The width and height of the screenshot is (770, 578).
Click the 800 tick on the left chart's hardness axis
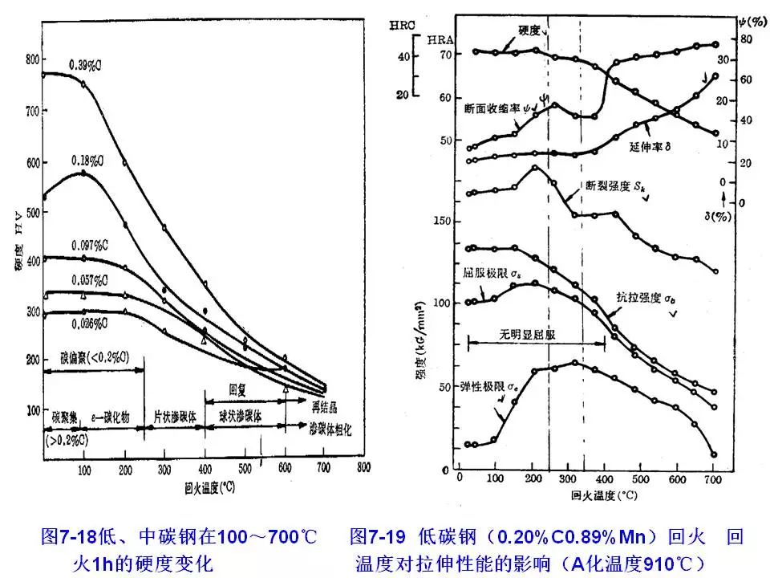pyautogui.click(x=33, y=59)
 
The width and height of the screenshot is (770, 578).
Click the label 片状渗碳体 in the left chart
pyautogui.click(x=177, y=417)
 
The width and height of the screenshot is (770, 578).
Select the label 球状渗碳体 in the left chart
pyautogui.click(x=244, y=417)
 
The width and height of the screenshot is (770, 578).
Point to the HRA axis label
pyautogui.click(x=441, y=39)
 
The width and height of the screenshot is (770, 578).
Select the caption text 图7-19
pyautogui.click(x=378, y=535)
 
